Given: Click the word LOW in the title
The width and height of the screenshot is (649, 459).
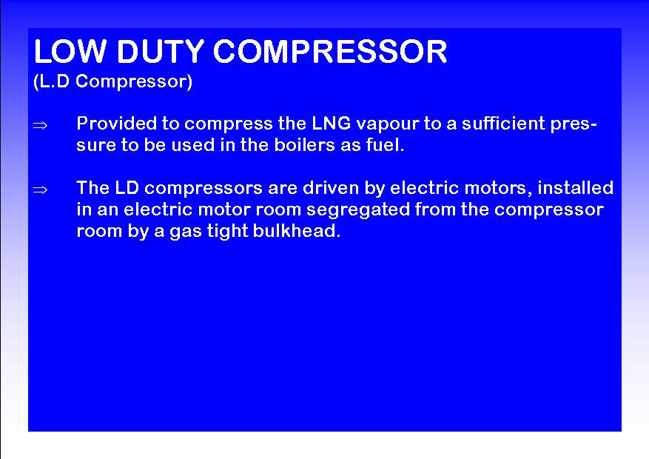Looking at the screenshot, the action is pos(70,51).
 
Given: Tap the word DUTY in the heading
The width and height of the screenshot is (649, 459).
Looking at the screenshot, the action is pos(161,51).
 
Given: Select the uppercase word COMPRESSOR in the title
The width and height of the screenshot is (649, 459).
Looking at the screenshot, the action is pos(330,51).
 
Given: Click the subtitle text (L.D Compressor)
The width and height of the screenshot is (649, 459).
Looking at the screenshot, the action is pos(113,81).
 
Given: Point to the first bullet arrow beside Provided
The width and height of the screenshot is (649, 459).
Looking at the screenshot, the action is pos(40,125).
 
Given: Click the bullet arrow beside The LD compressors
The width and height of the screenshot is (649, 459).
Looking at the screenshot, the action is pos(40,190).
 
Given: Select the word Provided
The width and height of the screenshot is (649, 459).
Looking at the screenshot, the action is pos(117,124).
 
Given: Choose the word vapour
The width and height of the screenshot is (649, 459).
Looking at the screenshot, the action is pos(387,125).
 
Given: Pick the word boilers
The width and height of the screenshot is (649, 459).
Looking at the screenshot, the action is pos(304,145).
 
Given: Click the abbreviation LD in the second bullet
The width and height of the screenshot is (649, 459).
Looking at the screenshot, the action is pos(127,188).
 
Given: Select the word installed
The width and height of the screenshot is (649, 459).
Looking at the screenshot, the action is pos(575,188).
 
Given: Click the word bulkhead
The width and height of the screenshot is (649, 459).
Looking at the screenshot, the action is pos(296,232).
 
